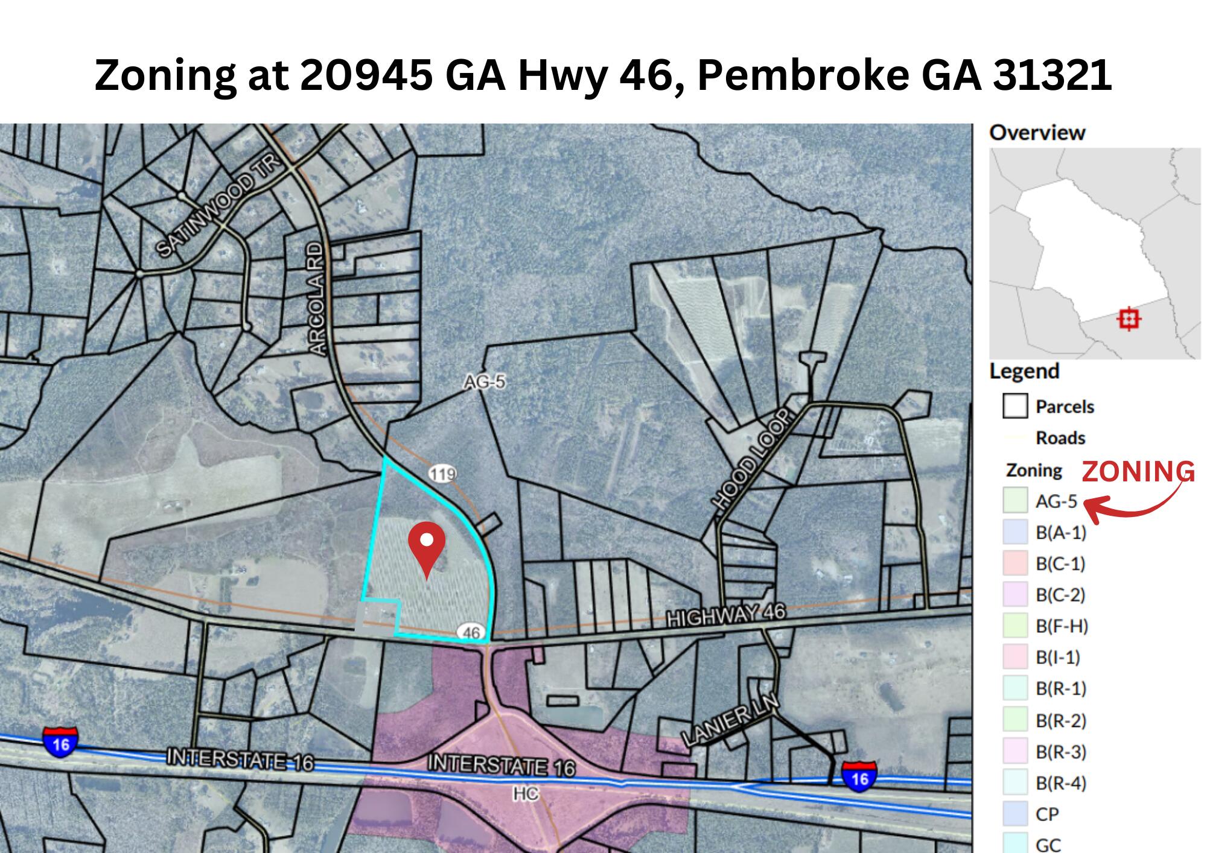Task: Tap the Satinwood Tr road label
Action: pos(219,207)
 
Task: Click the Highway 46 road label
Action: pos(725,615)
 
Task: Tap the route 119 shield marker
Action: pos(442,474)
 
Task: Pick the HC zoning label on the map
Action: pos(525,794)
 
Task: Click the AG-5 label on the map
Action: pos(484,382)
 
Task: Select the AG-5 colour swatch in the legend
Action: pos(1015,501)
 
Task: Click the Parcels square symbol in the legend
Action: pos(1015,406)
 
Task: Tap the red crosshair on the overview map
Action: pos(1129,319)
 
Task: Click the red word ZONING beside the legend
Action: pos(1138,472)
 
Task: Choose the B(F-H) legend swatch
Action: pos(1015,626)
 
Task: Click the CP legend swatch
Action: pos(1015,814)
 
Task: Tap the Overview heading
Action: pos(1037,133)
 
